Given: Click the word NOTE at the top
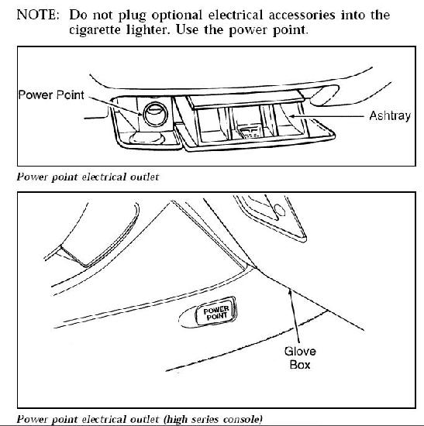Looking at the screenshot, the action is click(37, 15).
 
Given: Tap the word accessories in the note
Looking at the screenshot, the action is click(302, 15).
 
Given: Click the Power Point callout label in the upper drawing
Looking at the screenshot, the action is click(51, 95).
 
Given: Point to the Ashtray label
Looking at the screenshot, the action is click(390, 116).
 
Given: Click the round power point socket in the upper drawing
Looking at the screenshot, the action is click(155, 114).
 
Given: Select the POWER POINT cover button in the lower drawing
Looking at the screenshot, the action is click(216, 311).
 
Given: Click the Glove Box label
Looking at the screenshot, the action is click(300, 358).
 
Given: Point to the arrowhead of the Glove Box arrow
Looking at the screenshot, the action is click(291, 293).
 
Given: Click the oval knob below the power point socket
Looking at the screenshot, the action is click(147, 139).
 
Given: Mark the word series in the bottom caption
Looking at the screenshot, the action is click(205, 419).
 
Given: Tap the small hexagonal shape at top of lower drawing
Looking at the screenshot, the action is click(279, 210).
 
